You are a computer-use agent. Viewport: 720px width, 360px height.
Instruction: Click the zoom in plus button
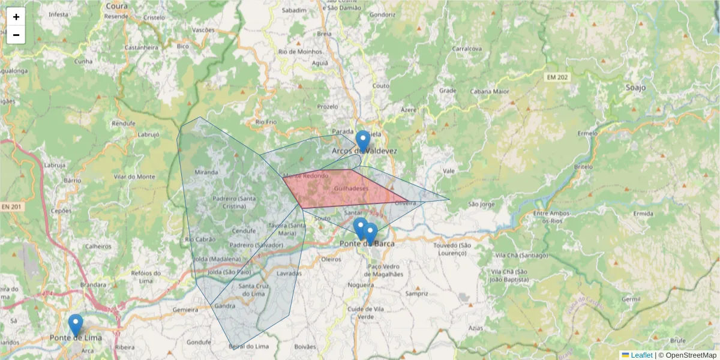click(x=16, y=17)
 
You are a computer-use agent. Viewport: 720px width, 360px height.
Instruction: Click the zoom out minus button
click(x=16, y=35)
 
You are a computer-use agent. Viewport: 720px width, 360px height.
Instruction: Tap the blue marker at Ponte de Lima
click(x=75, y=325)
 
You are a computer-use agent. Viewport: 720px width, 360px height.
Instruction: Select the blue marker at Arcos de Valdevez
click(x=362, y=141)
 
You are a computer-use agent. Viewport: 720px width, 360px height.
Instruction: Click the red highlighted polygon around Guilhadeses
click(x=342, y=189)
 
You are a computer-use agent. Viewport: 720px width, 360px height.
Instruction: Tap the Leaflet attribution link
click(x=641, y=355)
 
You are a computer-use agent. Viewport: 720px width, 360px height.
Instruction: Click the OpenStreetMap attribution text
click(x=691, y=355)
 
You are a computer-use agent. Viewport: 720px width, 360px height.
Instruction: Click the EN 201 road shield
click(x=11, y=207)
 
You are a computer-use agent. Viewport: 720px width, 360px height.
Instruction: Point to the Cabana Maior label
click(x=490, y=92)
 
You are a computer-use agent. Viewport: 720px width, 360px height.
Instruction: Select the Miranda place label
click(x=206, y=172)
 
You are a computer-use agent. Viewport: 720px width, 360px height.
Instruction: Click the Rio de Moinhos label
click(x=300, y=52)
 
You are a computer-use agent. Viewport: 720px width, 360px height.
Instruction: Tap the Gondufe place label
click(x=199, y=342)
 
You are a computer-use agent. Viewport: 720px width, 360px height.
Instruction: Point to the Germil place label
click(x=631, y=299)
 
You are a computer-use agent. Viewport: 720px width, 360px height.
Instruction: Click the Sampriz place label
click(x=416, y=294)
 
